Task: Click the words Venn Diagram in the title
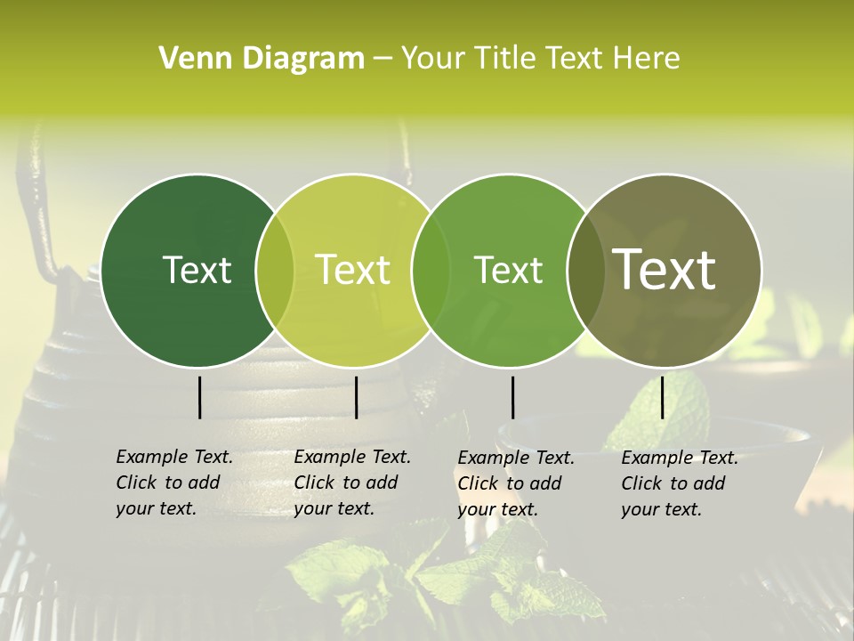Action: pos(262,59)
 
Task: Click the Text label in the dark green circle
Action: pos(197,270)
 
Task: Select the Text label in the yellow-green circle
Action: pos(352,270)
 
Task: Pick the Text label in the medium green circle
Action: pos(508,270)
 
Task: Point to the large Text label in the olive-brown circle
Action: pos(665,270)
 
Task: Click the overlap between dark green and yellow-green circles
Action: pos(275,271)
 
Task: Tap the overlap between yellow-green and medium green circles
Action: pos(430,271)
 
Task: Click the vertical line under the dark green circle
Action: pos(199,397)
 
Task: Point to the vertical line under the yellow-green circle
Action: pos(356,397)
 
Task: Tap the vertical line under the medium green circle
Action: pos(512,397)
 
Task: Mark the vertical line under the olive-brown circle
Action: pos(662,397)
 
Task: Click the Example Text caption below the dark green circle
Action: pos(174,483)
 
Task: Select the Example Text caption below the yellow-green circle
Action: pos(352,483)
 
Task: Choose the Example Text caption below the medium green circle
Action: pos(516,483)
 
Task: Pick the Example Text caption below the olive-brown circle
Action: pos(680,483)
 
